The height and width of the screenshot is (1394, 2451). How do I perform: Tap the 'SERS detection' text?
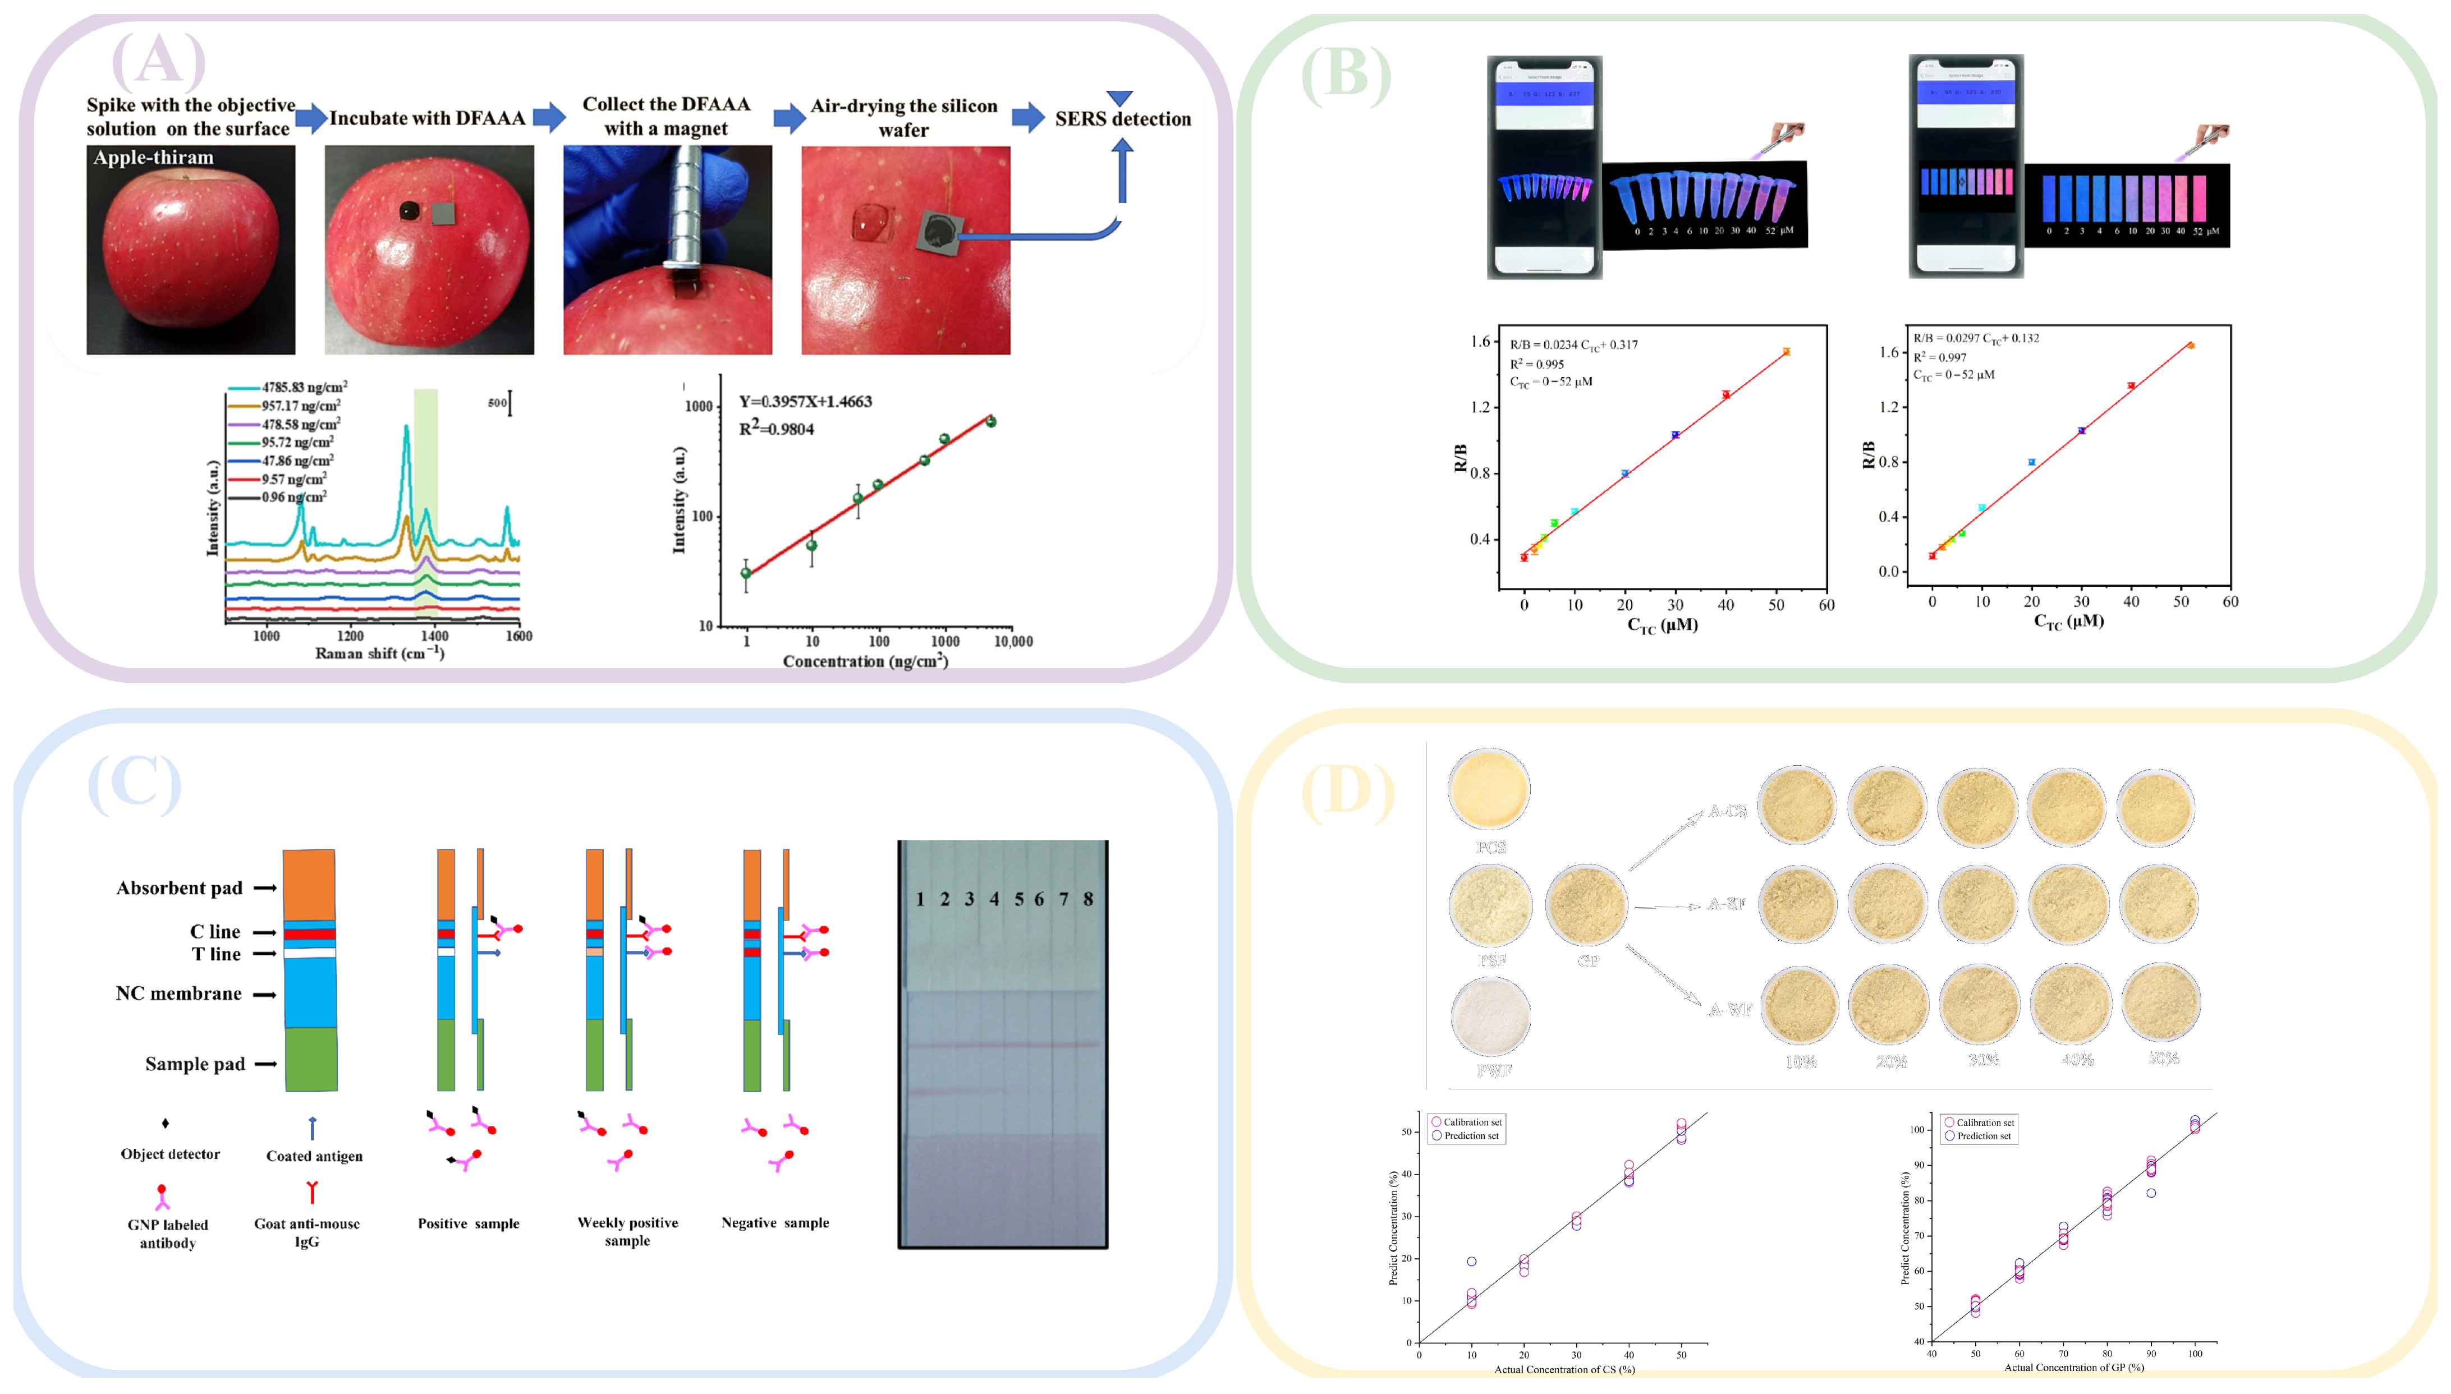click(x=1123, y=119)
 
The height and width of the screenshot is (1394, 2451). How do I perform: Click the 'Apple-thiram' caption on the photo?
click(x=153, y=157)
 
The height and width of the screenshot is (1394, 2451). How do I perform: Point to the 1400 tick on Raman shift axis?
click(x=435, y=636)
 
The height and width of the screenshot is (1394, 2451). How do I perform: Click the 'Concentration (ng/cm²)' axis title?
click(x=865, y=661)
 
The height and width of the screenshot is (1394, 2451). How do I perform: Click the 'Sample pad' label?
click(x=195, y=1064)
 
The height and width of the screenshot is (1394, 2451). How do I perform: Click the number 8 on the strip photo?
click(x=1087, y=899)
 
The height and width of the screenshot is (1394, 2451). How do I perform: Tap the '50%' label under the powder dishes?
click(x=2163, y=1058)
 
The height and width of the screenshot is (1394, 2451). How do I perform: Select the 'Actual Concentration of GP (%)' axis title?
click(x=2074, y=1367)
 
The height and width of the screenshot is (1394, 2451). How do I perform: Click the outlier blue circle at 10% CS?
click(x=1472, y=1262)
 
